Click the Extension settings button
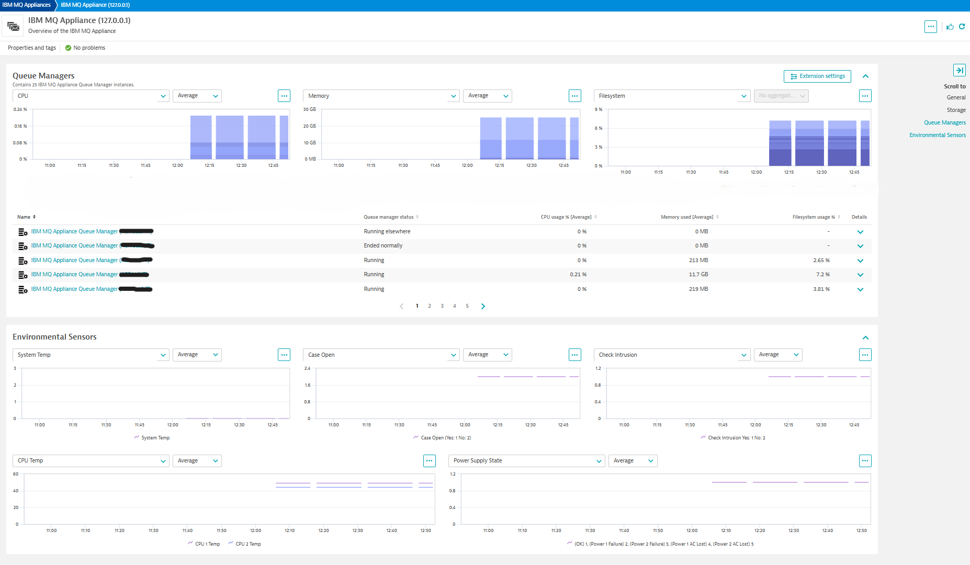[817, 76]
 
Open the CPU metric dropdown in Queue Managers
[91, 96]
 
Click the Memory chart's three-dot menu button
[574, 96]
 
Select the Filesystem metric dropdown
[672, 96]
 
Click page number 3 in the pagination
[442, 306]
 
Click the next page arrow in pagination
[483, 306]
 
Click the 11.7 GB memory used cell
[698, 275]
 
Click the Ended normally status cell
[383, 246]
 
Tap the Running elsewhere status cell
[387, 231]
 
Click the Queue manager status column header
[389, 217]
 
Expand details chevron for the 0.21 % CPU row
[860, 275]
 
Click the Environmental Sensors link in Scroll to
[937, 135]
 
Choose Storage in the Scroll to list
[956, 110]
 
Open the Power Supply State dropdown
[527, 461]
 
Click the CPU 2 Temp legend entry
[248, 544]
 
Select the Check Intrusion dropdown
[672, 355]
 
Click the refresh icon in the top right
[962, 27]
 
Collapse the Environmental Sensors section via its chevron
[865, 337]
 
